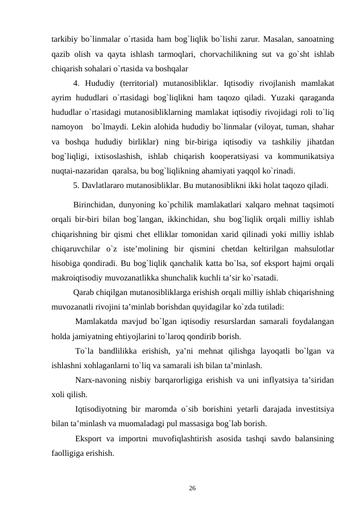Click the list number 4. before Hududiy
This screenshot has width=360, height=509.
click(x=77, y=83)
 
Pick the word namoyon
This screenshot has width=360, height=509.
click(x=67, y=125)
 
